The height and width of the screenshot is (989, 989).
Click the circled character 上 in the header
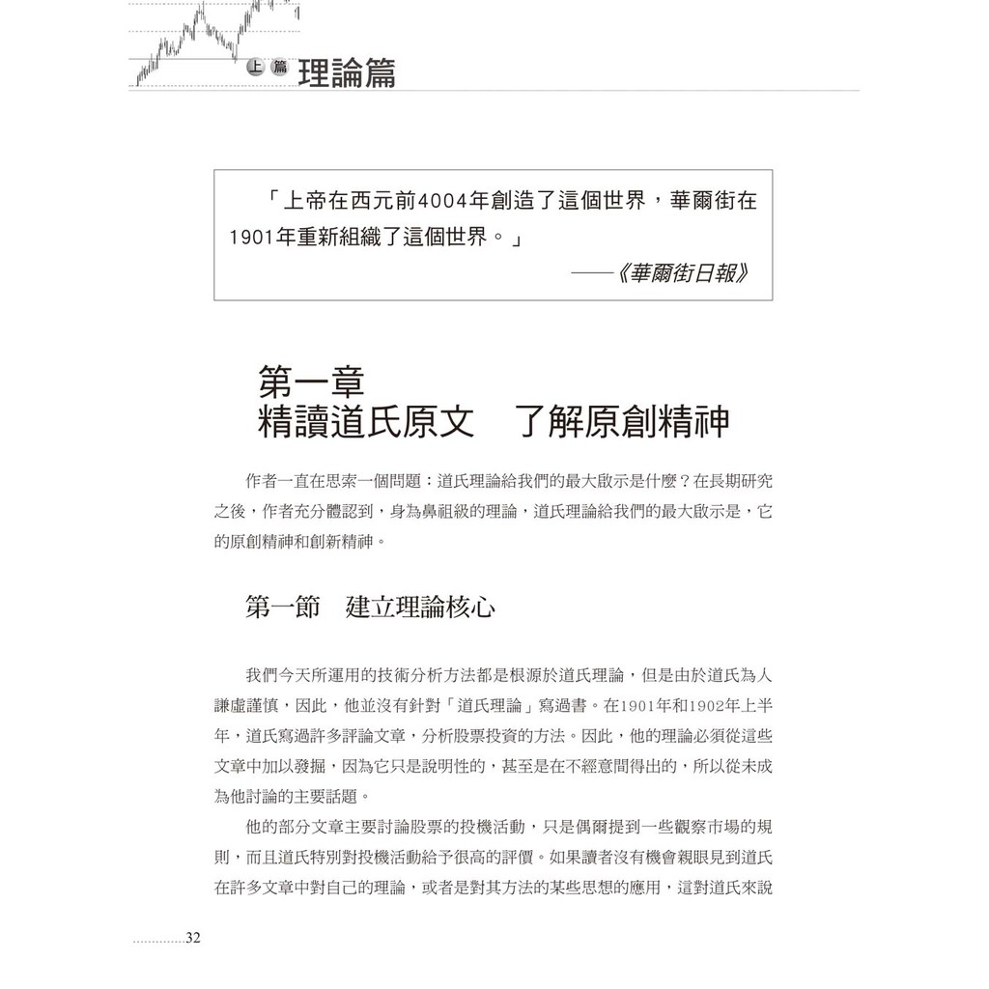pos(255,67)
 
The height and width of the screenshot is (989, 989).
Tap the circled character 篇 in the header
pos(280,67)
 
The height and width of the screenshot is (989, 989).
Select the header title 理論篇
pos(347,73)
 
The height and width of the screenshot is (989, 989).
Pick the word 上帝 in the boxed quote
pos(302,203)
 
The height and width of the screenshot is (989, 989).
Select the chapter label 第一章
pos(311,383)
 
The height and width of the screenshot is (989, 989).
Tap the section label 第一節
pos(283,608)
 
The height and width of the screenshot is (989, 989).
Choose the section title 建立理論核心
pos(421,608)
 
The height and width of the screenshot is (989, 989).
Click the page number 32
pos(192,938)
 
